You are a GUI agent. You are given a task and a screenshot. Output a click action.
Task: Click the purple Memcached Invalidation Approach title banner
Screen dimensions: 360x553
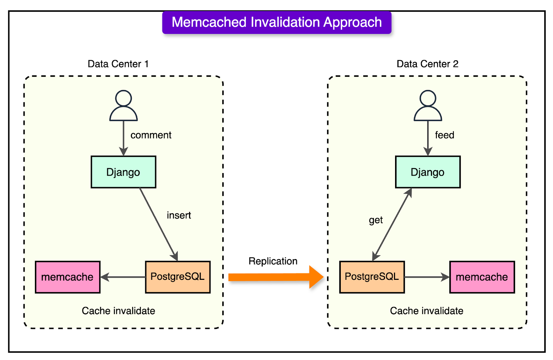(276, 22)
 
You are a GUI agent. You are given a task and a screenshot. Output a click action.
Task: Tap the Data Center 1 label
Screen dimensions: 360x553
(118, 64)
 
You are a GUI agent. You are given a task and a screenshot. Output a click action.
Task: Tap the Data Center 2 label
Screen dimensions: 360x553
(427, 64)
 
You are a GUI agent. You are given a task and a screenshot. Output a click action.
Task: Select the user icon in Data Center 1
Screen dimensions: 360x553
(123, 106)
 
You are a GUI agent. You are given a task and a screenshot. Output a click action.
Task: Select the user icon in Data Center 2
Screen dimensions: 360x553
(428, 106)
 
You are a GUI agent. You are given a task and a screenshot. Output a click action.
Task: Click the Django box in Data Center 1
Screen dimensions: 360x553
(123, 172)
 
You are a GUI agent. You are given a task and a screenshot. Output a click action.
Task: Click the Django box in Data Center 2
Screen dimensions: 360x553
(428, 172)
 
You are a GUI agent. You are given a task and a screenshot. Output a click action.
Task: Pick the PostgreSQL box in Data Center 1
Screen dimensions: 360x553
(178, 277)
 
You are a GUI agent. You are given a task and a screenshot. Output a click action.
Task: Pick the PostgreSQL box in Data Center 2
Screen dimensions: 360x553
(372, 277)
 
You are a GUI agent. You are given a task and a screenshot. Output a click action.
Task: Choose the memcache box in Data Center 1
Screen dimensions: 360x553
(68, 277)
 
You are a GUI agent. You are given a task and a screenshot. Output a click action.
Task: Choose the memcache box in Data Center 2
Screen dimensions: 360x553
(482, 277)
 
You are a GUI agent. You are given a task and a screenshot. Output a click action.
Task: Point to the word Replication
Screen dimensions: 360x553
(273, 261)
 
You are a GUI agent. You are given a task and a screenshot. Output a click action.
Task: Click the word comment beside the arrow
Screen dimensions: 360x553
(151, 135)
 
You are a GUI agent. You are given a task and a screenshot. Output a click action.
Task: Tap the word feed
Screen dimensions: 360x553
(444, 135)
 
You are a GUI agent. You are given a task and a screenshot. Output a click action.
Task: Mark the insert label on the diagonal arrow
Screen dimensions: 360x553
(179, 215)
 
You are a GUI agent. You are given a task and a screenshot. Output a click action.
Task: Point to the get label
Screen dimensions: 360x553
(376, 220)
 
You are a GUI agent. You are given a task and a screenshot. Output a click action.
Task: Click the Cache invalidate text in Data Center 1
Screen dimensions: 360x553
(118, 311)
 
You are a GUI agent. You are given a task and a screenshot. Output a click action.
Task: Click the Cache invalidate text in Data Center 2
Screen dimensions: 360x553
(427, 311)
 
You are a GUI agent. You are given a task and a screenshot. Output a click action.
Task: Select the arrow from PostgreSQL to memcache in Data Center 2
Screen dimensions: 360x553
(427, 277)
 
